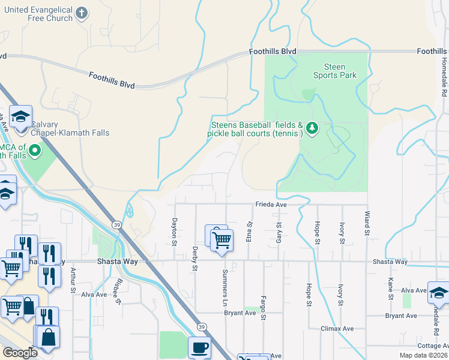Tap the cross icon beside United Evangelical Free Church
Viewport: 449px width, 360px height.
point(83,11)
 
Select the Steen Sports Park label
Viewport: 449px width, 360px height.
point(334,71)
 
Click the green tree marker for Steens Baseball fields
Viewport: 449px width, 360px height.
point(312,128)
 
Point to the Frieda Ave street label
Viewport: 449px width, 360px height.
point(271,205)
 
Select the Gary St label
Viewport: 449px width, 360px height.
point(279,232)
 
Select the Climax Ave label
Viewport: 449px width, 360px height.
point(340,329)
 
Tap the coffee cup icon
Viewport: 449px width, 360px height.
point(199,347)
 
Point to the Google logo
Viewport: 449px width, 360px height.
point(20,352)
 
